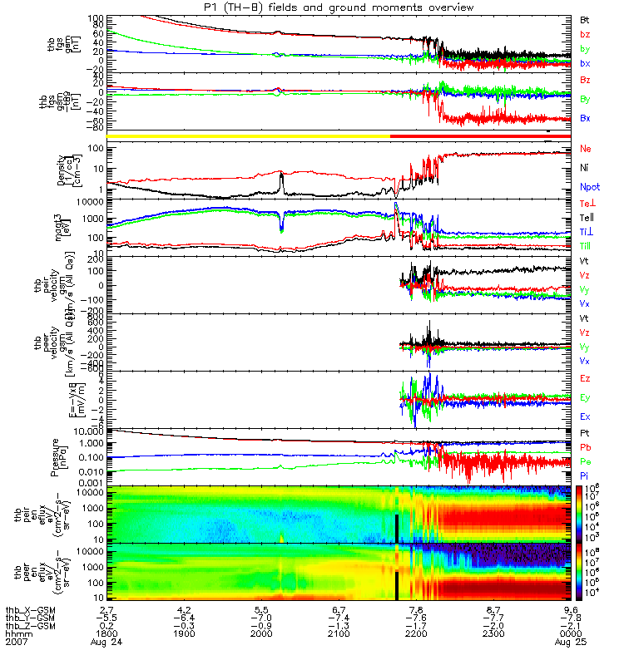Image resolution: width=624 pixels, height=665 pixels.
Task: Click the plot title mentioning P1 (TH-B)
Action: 334,7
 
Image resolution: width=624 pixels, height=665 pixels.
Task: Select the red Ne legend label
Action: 585,149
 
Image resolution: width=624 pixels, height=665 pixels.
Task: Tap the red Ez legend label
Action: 585,378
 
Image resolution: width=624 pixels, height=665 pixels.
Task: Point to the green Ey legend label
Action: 585,397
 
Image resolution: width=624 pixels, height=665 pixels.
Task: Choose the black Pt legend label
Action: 585,434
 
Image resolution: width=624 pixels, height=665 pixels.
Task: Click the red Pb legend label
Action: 585,447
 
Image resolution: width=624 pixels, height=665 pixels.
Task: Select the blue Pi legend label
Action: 585,474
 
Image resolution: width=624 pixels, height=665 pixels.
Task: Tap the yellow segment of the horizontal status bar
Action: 250,135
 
